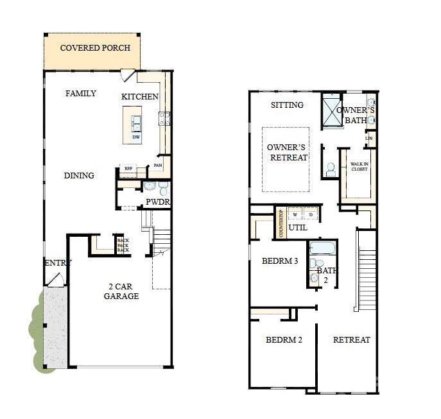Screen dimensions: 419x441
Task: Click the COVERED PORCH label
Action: click(95, 48)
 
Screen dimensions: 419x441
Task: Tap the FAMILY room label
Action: click(81, 94)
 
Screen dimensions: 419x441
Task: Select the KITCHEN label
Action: click(140, 97)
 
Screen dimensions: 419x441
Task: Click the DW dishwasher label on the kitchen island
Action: click(136, 137)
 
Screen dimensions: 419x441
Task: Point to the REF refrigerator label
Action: click(128, 169)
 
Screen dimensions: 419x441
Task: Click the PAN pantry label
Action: click(158, 166)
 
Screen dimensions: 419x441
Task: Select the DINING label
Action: click(79, 175)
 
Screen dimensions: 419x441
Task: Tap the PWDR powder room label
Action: click(157, 202)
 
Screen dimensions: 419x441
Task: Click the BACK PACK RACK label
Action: click(123, 245)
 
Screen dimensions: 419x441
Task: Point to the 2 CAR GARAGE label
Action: click(121, 291)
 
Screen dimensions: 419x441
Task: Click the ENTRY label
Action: click(58, 262)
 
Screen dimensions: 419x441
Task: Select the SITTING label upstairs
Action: click(287, 105)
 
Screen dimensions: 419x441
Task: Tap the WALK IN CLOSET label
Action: click(359, 167)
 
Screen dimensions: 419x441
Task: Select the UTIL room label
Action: click(297, 227)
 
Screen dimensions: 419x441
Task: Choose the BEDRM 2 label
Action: click(284, 339)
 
